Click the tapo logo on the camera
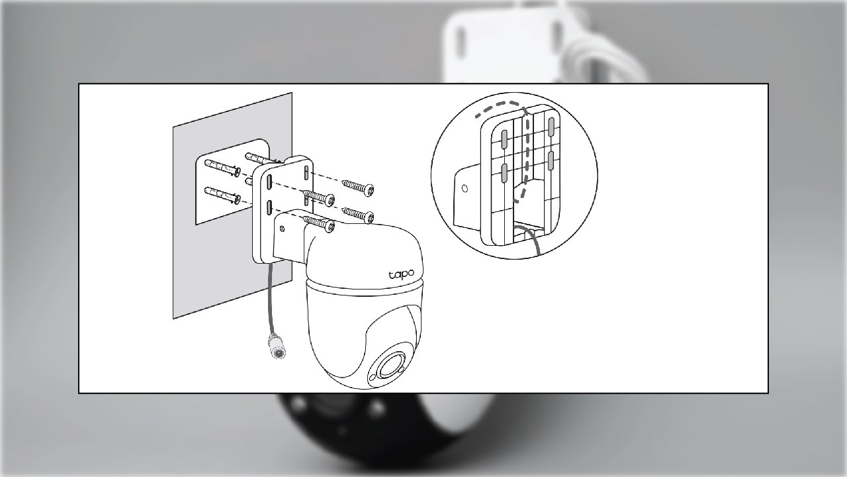(402, 274)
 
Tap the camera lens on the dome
(390, 366)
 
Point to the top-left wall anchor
(222, 167)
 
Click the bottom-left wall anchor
(222, 195)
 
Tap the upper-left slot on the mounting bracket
(269, 182)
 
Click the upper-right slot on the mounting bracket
(306, 174)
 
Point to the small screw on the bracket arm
(282, 229)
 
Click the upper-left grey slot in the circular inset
(504, 139)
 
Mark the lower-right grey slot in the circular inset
(551, 160)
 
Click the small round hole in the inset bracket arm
(465, 189)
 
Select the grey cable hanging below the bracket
(271, 299)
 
